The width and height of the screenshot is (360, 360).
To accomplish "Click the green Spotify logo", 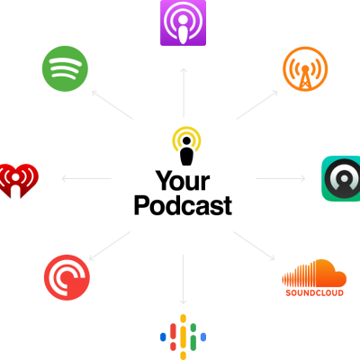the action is (65, 68).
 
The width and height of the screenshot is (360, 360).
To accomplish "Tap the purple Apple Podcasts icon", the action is (183, 22).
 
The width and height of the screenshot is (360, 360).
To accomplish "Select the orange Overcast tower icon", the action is (305, 69).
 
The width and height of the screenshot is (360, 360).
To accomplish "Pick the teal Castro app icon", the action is (341, 178).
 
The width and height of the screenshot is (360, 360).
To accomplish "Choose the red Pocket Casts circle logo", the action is (67, 277).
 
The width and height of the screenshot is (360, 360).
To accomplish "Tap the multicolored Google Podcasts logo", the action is (183, 337).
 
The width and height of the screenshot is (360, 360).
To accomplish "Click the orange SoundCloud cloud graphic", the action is (314, 274).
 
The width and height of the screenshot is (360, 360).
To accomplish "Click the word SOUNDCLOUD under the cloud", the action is (314, 292).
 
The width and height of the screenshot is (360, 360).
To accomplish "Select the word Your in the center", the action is (183, 181).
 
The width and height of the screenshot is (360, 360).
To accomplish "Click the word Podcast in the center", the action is (183, 205).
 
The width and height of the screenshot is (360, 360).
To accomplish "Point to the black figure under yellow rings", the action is (186, 151).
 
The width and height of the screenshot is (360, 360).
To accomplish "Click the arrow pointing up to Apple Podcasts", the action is (184, 93).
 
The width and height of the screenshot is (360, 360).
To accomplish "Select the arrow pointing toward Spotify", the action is (112, 104).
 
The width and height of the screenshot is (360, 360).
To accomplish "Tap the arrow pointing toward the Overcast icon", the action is (257, 105).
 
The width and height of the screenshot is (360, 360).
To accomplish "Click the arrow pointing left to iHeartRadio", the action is (86, 179).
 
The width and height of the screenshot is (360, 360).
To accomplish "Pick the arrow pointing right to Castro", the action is (281, 179).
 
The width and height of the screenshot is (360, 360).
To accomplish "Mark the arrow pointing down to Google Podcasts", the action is (183, 280).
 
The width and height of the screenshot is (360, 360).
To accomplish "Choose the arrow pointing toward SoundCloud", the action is (254, 246).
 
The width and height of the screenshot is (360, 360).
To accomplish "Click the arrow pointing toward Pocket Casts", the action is (110, 246).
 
